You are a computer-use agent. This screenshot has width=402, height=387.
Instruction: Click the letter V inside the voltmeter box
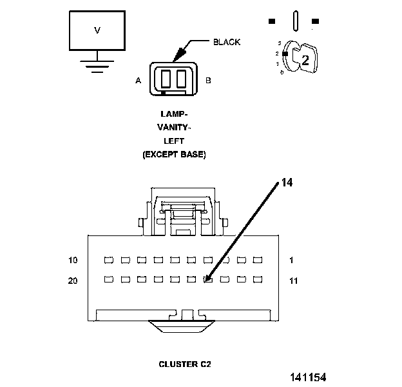pos(97,30)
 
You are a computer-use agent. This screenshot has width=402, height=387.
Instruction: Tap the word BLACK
pos(227,42)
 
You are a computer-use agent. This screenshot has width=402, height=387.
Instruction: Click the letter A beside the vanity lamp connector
pos(138,81)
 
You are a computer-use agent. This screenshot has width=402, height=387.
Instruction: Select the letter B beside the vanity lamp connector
pos(208,81)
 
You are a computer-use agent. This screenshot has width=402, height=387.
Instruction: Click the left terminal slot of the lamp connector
pos(166,78)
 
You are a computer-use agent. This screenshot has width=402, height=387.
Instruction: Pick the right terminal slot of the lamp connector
pos(181,78)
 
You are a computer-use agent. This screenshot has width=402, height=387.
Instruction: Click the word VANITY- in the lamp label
pos(174,127)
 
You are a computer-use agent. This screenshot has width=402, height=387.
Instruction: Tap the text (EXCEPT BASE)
pos(174,155)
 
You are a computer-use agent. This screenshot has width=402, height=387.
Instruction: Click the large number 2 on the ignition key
pos(305,61)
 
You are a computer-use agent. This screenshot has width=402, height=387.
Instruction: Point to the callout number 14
pos(287,183)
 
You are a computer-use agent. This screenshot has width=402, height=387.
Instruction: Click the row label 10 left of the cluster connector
pos(73,260)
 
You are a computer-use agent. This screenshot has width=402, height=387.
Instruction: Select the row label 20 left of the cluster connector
pos(73,281)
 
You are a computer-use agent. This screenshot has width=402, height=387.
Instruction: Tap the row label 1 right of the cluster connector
pos(291,260)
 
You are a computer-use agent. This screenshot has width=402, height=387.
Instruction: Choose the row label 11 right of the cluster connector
pos(294,281)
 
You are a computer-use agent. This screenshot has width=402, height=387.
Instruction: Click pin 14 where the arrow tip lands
pos(208,279)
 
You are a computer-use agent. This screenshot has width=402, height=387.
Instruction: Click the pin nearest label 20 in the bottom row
pos(109,279)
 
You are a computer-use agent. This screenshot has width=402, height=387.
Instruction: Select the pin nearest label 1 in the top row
pos(258,260)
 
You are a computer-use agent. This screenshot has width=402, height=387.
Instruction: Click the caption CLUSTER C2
pos(185,364)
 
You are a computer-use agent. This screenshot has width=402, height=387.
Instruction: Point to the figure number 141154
pos(308,377)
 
